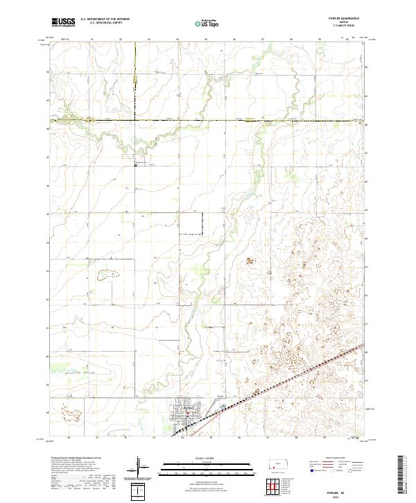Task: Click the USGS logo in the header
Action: [x=63, y=22]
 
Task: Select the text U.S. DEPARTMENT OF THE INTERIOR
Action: [x=105, y=19]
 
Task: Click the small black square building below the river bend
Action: [x=136, y=164]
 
